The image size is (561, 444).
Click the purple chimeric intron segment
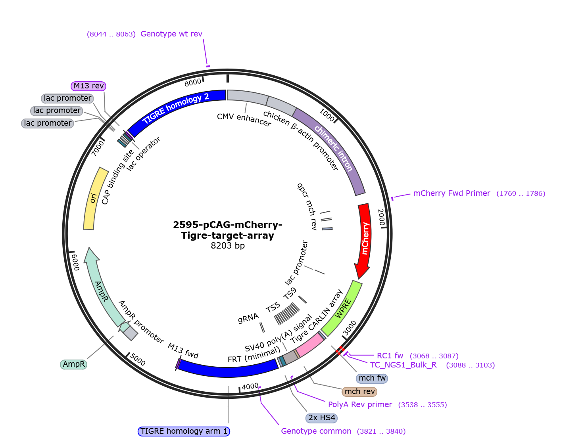[x=334, y=149]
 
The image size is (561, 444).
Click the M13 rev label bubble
[x=88, y=86]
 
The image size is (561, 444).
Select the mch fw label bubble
[x=372, y=378]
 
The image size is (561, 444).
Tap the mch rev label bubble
[x=359, y=391]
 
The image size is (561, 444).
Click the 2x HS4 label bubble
[x=321, y=418]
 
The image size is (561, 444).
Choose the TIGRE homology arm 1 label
[x=184, y=431]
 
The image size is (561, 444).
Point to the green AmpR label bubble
[x=73, y=364]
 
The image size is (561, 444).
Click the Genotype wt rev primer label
[x=171, y=34]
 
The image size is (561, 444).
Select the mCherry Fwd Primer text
[x=452, y=193]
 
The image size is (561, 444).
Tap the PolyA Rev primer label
[x=360, y=405]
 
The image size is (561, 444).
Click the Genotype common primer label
[x=316, y=431]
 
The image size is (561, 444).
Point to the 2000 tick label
[x=381, y=217]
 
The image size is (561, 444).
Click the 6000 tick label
[x=75, y=262]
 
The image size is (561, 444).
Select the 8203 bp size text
[x=228, y=246]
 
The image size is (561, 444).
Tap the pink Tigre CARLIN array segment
[x=310, y=344]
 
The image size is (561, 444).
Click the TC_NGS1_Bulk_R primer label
[x=403, y=365]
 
